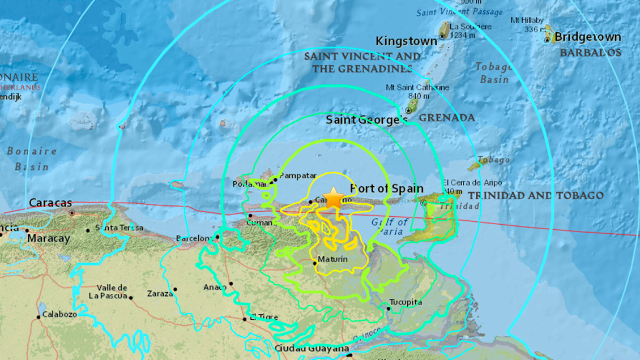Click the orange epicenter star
click(334, 198)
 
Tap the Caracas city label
click(50, 203)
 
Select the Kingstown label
click(407, 41)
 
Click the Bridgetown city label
click(587, 37)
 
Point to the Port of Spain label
click(386, 188)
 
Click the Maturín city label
click(332, 259)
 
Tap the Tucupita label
click(406, 302)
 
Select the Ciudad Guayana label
click(312, 348)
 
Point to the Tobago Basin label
click(494, 73)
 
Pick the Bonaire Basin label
click(32, 159)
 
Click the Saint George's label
click(366, 120)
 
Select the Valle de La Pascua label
click(112, 292)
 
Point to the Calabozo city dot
click(39, 317)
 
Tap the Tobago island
click(475, 165)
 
